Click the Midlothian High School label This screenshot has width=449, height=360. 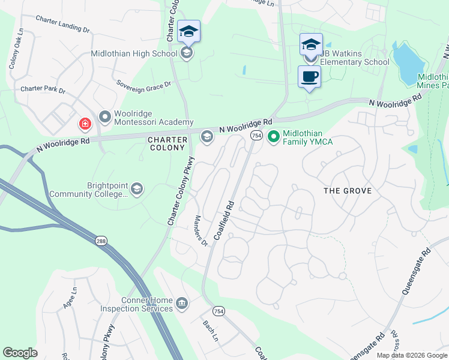tap(134, 53)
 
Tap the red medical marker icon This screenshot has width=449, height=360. tap(85, 124)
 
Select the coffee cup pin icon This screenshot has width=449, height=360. tap(309, 77)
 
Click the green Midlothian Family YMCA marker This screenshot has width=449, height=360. tap(274, 137)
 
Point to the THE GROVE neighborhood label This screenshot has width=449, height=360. tap(348, 191)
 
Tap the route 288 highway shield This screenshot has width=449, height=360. tap(100, 241)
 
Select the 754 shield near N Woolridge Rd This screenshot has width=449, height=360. tap(256, 136)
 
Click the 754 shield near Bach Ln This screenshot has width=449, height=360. tap(218, 310)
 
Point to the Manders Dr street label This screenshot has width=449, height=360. tap(200, 231)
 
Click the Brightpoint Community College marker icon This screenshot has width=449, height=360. tap(137, 190)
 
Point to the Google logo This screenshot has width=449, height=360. tap(20, 353)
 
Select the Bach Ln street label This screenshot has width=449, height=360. tap(209, 328)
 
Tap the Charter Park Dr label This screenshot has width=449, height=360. tap(43, 89)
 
